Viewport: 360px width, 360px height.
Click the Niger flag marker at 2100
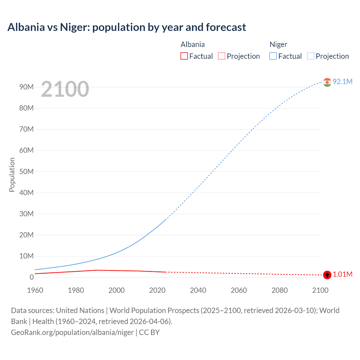pyautogui.click(x=327, y=82)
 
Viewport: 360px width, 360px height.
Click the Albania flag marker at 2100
pyautogui.click(x=327, y=275)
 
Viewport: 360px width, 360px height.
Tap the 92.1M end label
pyautogui.click(x=342, y=82)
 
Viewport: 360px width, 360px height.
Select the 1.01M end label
pyautogui.click(x=342, y=274)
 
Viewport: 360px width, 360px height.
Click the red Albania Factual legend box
pyautogui.click(x=184, y=56)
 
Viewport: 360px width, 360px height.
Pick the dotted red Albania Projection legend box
pyautogui.click(x=222, y=56)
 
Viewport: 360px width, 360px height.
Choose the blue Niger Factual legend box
pyautogui.click(x=273, y=56)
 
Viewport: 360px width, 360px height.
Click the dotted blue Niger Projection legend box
pyautogui.click(x=310, y=56)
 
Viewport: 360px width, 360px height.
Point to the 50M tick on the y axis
pyautogui.click(x=26, y=172)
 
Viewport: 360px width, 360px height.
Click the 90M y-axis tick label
pyautogui.click(x=26, y=87)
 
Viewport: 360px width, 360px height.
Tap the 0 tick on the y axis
pyautogui.click(x=31, y=277)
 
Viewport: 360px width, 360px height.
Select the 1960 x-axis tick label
pyautogui.click(x=35, y=290)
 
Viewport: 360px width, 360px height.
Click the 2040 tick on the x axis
pyautogui.click(x=198, y=290)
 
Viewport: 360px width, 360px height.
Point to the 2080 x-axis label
pyautogui.click(x=280, y=290)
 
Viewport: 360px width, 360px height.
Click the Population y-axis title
pyautogui.click(x=12, y=175)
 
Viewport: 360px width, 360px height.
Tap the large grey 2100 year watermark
pyautogui.click(x=65, y=89)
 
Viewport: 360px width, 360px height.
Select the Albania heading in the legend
pyautogui.click(x=193, y=44)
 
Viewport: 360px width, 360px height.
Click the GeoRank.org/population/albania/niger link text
pyautogui.click(x=72, y=332)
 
